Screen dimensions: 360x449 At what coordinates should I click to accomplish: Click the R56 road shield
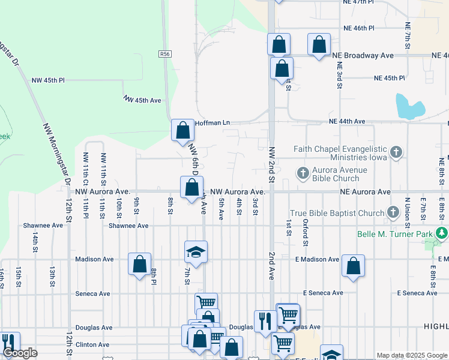point(166,54)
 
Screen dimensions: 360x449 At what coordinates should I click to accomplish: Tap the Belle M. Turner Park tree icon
point(442,232)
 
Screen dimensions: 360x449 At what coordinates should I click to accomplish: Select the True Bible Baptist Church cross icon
point(393,212)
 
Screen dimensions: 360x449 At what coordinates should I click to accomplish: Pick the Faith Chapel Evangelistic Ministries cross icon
point(396,152)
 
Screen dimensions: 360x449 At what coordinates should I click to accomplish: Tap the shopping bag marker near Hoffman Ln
point(182,129)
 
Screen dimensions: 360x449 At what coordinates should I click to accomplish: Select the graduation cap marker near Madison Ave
point(196,252)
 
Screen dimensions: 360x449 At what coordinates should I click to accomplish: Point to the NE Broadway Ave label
point(363,55)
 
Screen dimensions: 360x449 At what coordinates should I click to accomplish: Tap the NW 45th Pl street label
point(48,80)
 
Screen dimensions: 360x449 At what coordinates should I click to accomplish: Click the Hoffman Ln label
point(213,122)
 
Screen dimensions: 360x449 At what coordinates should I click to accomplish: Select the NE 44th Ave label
point(347,121)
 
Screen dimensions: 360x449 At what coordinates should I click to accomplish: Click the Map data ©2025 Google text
point(411,355)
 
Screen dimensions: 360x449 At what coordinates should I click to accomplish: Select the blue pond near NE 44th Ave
point(409,106)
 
